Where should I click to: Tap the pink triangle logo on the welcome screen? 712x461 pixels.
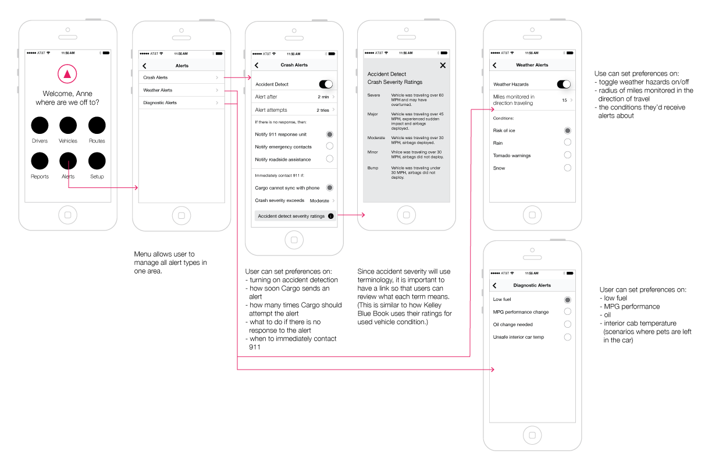(x=67, y=73)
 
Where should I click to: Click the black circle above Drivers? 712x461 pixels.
(x=40, y=125)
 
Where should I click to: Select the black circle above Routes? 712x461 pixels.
(x=97, y=125)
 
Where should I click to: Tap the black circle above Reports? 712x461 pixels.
(x=40, y=161)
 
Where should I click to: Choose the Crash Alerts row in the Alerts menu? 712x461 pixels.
(x=179, y=77)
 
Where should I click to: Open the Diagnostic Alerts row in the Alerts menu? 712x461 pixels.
(x=179, y=103)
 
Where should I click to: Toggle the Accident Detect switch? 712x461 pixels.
(x=326, y=84)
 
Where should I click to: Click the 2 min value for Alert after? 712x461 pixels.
(x=323, y=97)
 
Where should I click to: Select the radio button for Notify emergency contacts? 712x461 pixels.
(x=330, y=147)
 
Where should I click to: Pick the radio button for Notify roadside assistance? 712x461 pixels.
(x=330, y=159)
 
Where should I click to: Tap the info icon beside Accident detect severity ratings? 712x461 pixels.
(x=330, y=216)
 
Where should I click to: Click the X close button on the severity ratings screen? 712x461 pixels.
(x=443, y=65)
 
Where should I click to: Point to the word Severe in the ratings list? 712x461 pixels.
(x=373, y=94)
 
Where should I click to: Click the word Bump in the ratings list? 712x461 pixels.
(x=372, y=168)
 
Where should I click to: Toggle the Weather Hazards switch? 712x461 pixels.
(x=564, y=84)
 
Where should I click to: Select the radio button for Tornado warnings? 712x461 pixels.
(x=568, y=155)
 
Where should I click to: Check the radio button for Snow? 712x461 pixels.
(x=568, y=168)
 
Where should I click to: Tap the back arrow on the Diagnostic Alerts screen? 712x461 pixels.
(x=494, y=286)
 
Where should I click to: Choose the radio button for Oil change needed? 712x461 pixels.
(x=568, y=325)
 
